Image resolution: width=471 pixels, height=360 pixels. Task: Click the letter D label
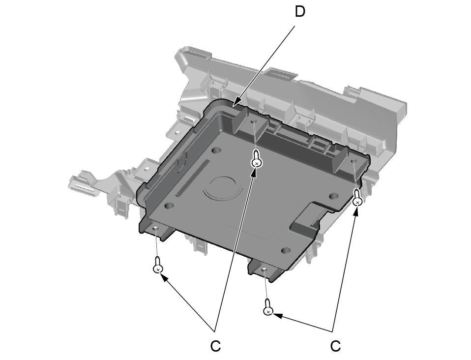click(x=300, y=12)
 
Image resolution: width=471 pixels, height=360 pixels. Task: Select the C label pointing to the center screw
click(x=215, y=346)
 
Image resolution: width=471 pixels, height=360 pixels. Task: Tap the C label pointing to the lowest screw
click(x=335, y=346)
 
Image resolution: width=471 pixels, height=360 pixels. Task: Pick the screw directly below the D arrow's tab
click(x=256, y=159)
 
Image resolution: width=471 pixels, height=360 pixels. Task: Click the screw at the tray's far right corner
click(x=357, y=198)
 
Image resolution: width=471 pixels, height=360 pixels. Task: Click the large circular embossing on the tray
click(x=223, y=188)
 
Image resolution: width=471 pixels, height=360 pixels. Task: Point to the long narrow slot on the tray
click(x=193, y=178)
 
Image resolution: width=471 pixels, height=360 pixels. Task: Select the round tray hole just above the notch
click(x=333, y=196)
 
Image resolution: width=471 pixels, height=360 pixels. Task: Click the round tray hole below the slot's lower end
click(x=170, y=206)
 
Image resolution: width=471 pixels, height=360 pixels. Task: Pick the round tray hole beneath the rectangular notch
click(x=286, y=250)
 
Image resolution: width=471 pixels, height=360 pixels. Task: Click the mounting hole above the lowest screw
click(x=264, y=270)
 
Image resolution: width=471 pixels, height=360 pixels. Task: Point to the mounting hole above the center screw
click(x=254, y=121)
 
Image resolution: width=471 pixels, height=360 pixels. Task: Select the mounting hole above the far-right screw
click(x=353, y=161)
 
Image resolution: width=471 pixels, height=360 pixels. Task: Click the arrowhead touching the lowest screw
click(x=277, y=315)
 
